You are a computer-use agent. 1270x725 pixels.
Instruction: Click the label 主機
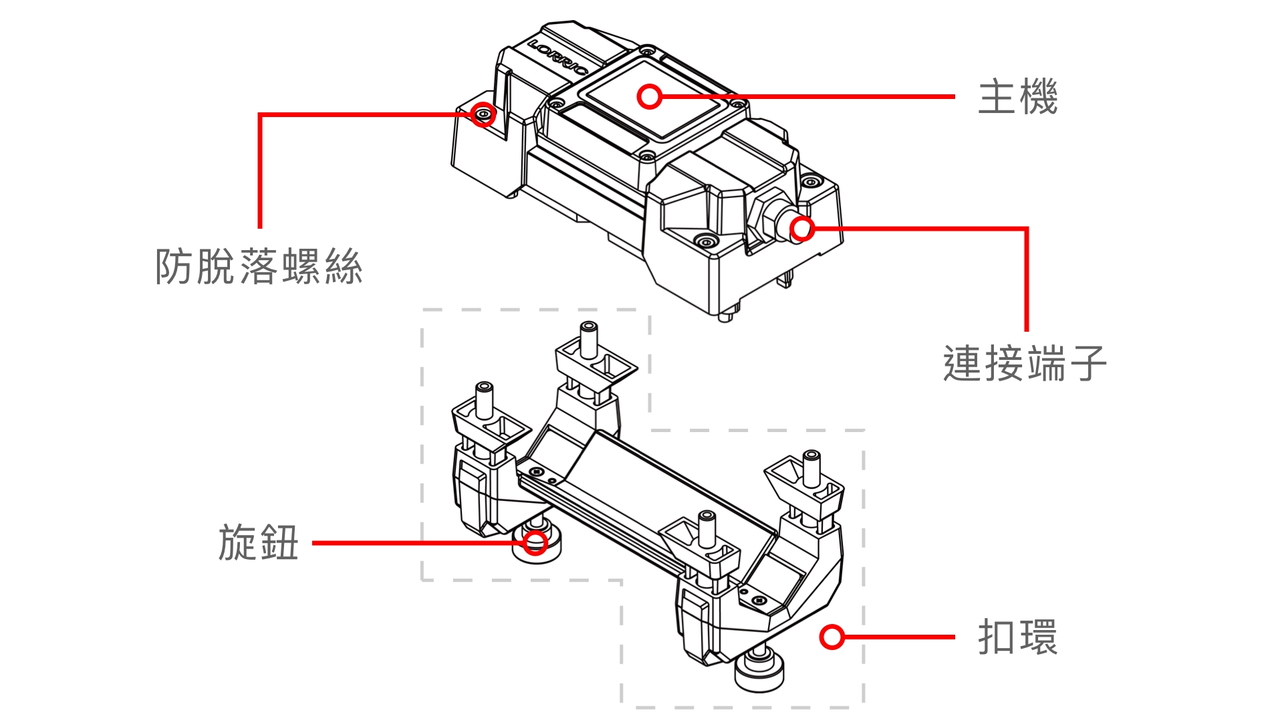(x=1017, y=98)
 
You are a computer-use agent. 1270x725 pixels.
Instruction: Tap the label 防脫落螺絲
(x=259, y=267)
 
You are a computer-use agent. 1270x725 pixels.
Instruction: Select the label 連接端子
(x=1025, y=364)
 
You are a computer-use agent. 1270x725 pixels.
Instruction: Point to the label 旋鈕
(x=258, y=542)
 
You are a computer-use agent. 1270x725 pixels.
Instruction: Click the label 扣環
(x=1017, y=637)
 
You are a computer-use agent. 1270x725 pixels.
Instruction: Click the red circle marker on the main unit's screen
(x=649, y=97)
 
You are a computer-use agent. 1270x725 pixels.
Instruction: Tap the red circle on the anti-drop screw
(x=483, y=114)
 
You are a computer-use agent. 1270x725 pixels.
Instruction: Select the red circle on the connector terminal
(x=802, y=229)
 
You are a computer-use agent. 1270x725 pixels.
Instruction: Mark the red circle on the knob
(x=535, y=542)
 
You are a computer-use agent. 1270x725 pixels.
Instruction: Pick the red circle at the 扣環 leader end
(x=832, y=637)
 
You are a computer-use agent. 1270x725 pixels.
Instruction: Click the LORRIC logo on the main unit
(x=558, y=58)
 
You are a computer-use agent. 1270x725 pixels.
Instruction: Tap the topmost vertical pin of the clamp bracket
(x=589, y=340)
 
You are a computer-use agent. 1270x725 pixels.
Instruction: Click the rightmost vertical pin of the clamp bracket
(x=811, y=468)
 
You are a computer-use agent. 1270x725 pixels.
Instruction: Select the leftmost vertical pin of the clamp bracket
(x=484, y=400)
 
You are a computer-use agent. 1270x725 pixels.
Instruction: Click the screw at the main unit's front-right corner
(x=705, y=240)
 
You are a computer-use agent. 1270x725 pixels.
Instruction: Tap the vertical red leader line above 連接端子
(x=1027, y=280)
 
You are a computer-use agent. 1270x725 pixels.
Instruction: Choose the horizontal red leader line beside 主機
(x=808, y=97)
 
